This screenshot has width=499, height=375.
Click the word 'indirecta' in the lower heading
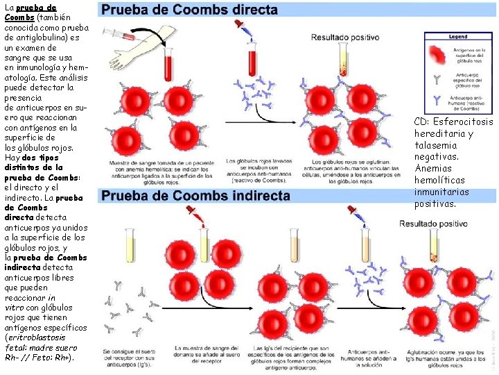pyautogui.click(x=257, y=196)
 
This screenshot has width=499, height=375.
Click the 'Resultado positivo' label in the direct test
pyautogui.click(x=344, y=37)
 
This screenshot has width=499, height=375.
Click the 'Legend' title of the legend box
pyautogui.click(x=458, y=36)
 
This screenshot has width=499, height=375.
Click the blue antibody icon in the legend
pyautogui.click(x=437, y=101)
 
